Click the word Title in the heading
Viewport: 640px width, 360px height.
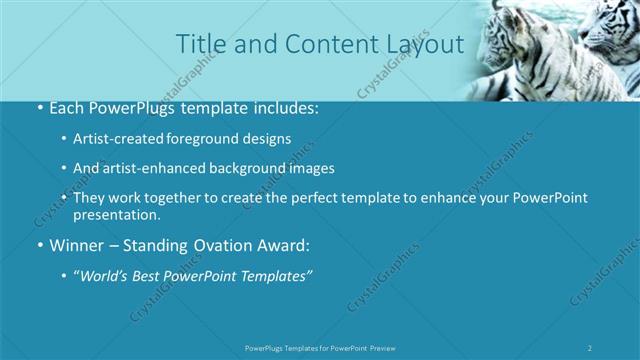click(200, 44)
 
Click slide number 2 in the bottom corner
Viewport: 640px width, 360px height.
click(590, 347)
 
